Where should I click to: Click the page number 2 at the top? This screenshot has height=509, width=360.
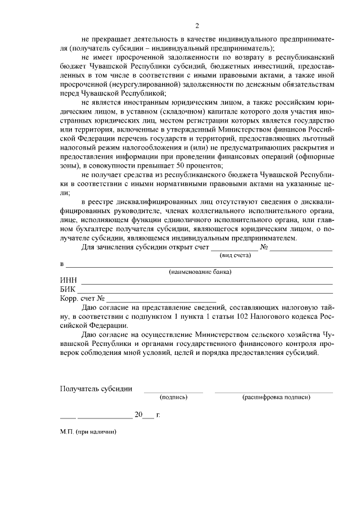(x=197, y=25)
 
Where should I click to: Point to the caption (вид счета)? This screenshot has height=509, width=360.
(x=235, y=255)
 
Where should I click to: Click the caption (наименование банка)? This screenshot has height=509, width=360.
(x=201, y=272)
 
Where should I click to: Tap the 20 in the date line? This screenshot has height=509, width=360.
(x=138, y=415)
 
